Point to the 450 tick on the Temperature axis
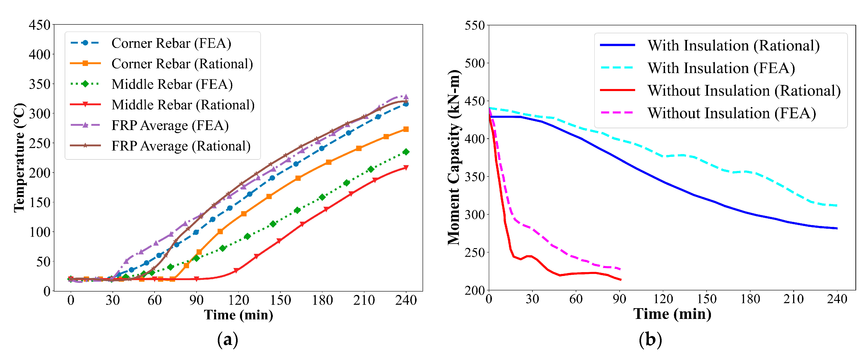[x=39, y=25]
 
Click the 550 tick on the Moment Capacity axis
[x=474, y=25]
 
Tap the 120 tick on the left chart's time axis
[x=238, y=300]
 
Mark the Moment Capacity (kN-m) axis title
[x=454, y=158]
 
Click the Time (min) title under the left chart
[x=238, y=315]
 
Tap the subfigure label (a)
[x=227, y=339]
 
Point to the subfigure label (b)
[x=650, y=339]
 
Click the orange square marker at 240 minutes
[x=406, y=129]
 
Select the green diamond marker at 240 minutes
[x=406, y=152]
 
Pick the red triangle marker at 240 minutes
[x=406, y=168]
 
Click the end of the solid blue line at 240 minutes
[x=837, y=229]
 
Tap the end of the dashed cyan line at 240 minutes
[x=837, y=205]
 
